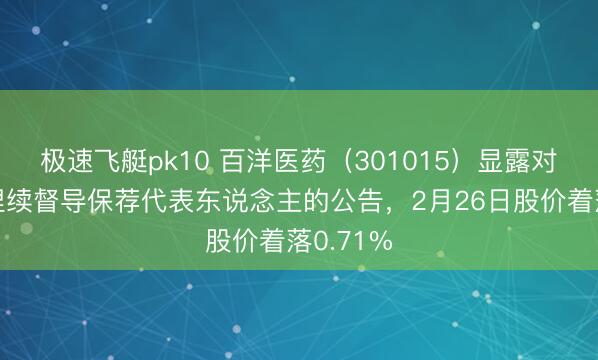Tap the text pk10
[x=158, y=156]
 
